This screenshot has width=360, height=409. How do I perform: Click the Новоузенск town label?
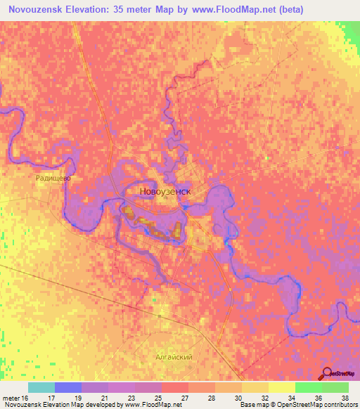161,191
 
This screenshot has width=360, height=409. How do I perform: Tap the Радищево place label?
53,178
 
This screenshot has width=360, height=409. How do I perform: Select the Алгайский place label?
174,357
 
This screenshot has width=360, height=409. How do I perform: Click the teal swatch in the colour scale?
41,387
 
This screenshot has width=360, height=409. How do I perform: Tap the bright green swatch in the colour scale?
308,387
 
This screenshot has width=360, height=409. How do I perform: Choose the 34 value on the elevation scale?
292,397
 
